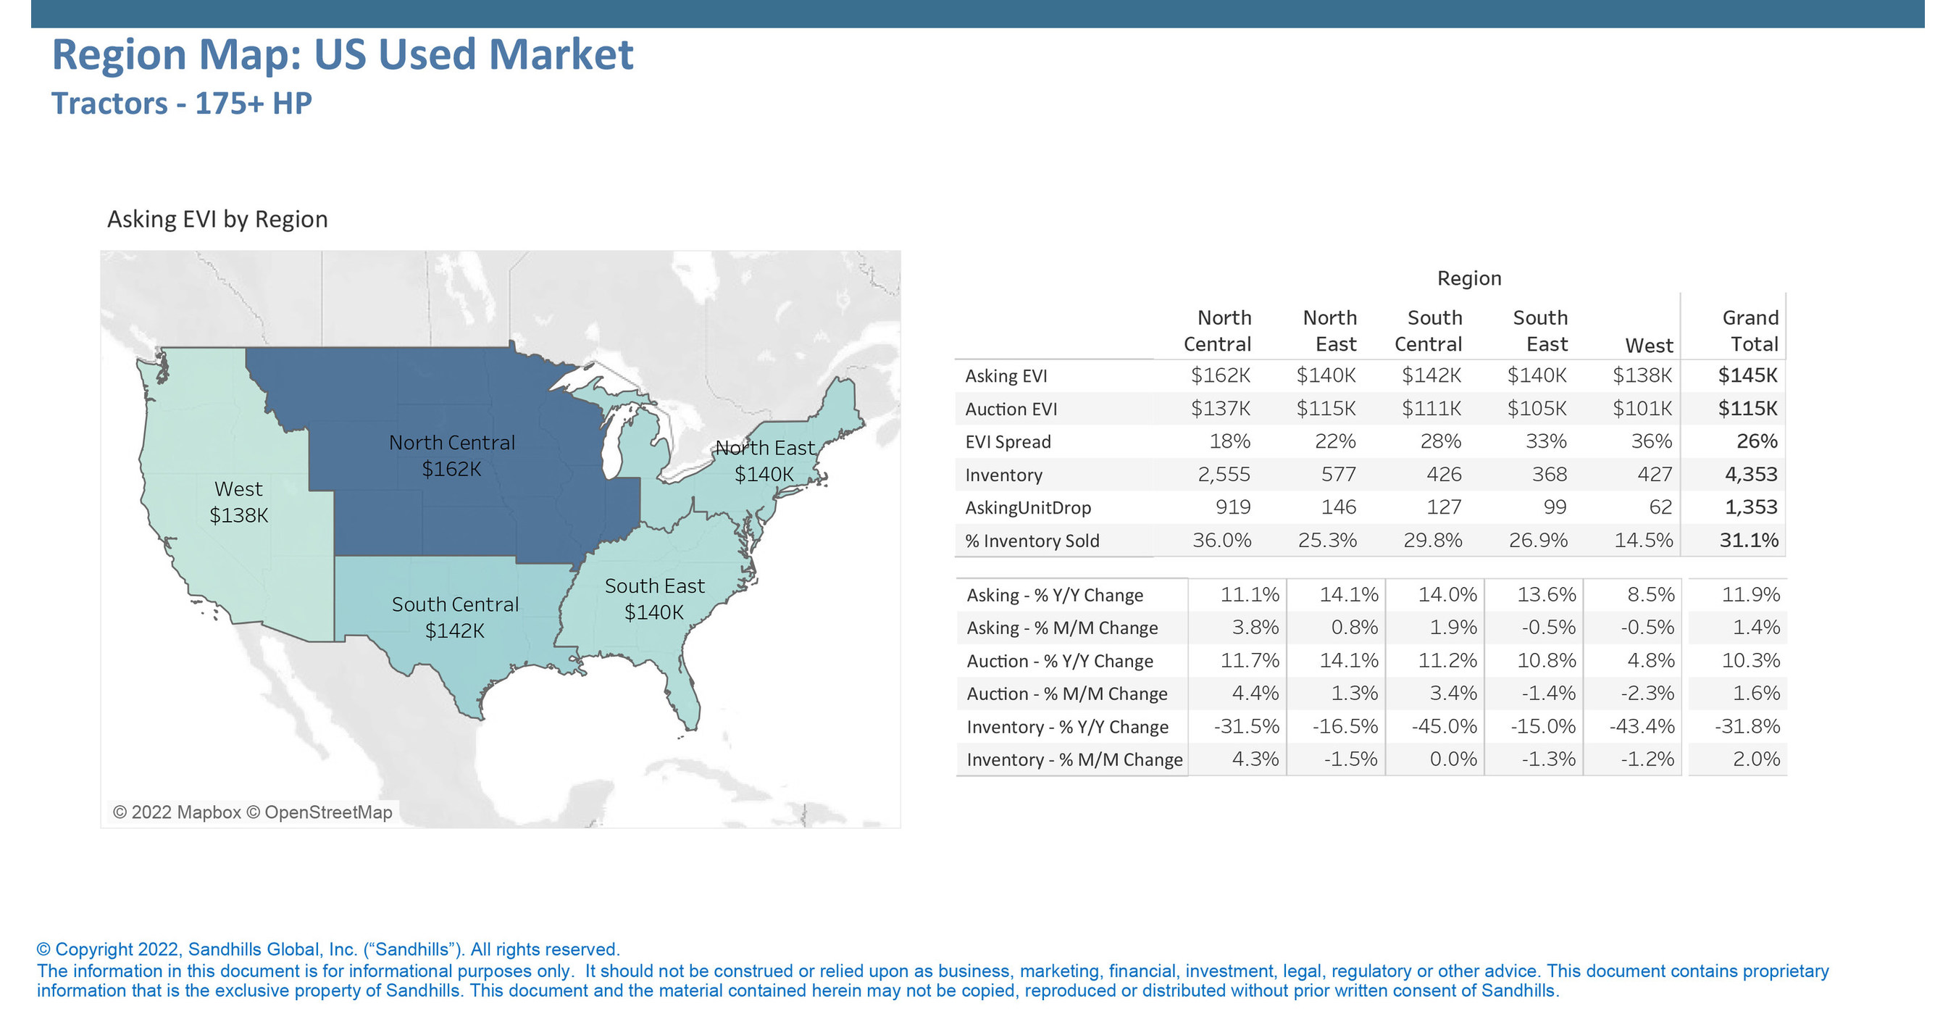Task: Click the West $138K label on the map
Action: [238, 502]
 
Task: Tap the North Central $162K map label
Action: [452, 456]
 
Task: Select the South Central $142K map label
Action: [455, 617]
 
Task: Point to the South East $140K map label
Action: [654, 599]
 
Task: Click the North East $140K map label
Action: [764, 461]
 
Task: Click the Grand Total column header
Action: [1750, 330]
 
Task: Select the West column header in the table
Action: [1649, 346]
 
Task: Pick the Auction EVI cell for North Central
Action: [1219, 409]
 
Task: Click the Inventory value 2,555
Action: [1224, 475]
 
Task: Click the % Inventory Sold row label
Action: [1032, 541]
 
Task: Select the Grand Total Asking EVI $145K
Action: [1747, 375]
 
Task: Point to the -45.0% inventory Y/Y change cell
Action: [1445, 726]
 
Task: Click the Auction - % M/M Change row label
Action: [1066, 694]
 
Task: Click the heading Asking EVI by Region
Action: [217, 220]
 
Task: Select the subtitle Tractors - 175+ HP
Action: [182, 104]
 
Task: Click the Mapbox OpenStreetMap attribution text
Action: [252, 812]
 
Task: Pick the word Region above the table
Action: [1468, 278]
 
